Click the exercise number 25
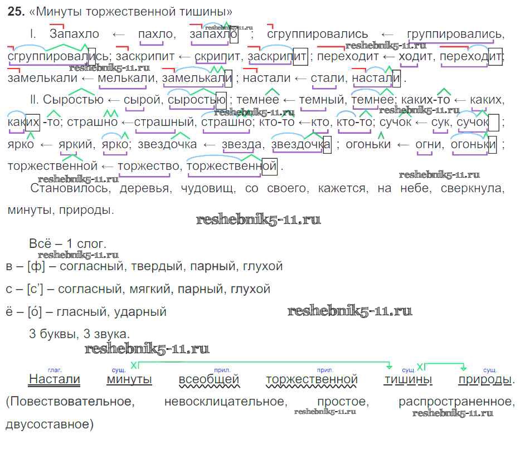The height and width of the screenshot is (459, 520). (16, 12)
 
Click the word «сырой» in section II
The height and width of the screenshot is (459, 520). (142, 100)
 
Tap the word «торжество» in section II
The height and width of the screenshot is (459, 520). (149, 165)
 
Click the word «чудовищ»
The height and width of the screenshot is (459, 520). (208, 189)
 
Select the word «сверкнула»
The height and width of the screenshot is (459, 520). (472, 188)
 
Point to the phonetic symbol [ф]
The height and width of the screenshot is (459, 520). (36, 266)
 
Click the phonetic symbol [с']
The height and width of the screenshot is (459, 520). (35, 289)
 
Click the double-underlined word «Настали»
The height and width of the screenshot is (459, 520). (55, 379)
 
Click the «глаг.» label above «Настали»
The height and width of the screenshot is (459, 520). (55, 370)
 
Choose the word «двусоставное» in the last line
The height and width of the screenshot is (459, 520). (50, 424)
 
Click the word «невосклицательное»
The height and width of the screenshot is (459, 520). (226, 402)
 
